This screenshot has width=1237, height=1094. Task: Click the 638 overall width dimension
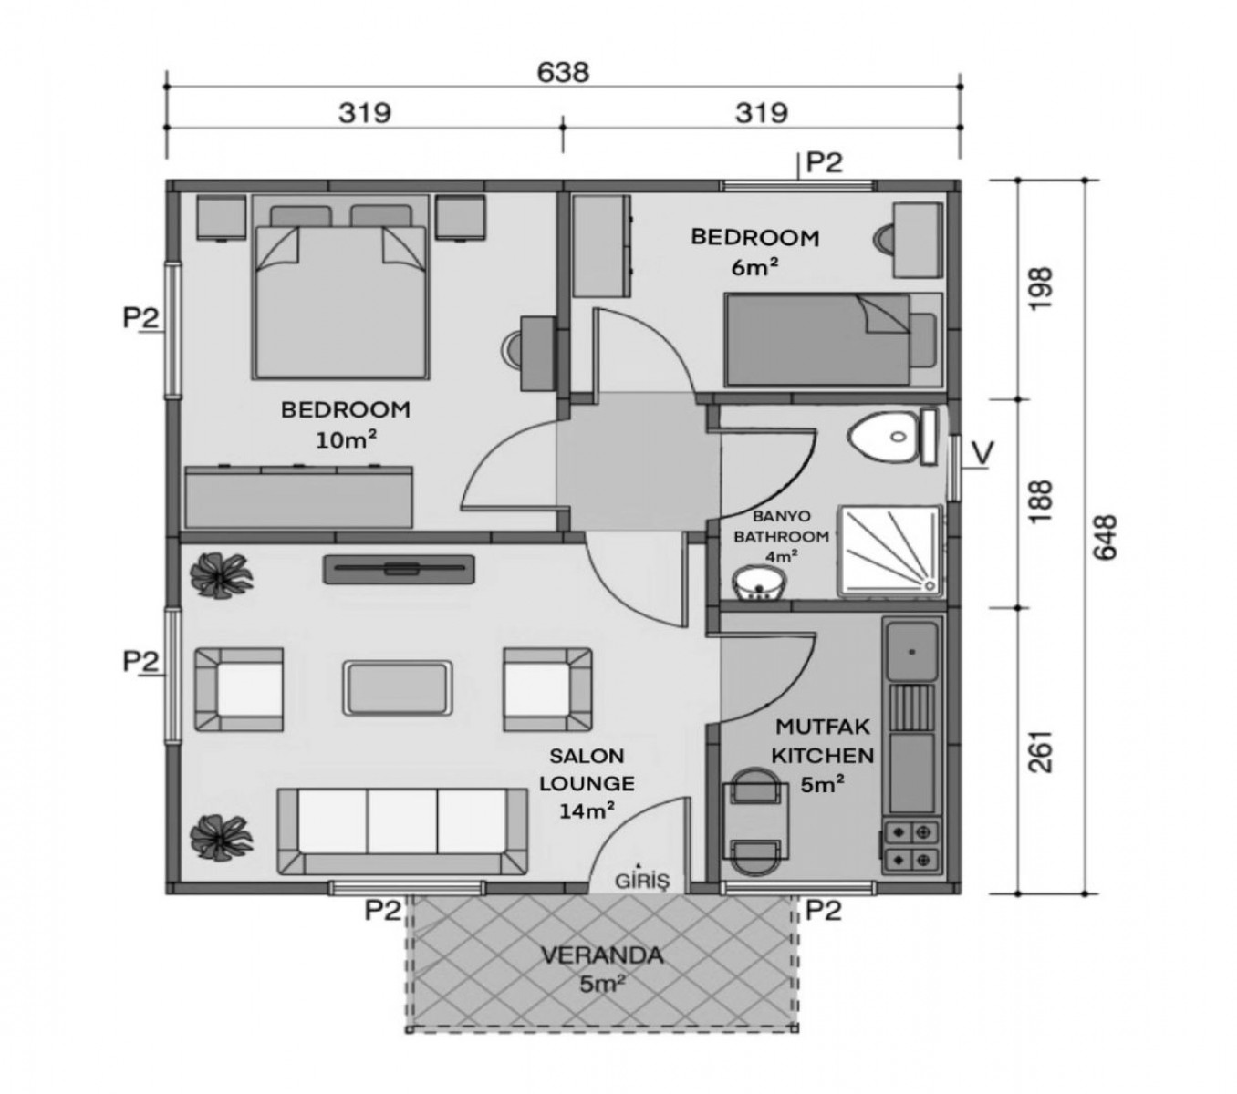[562, 73]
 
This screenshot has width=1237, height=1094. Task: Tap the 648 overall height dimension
[1105, 536]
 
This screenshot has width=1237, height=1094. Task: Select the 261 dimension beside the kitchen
[1040, 751]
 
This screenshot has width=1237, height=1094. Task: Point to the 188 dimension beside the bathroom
[1040, 501]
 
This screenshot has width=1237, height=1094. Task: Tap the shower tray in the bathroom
[891, 551]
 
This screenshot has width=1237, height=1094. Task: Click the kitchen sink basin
[911, 650]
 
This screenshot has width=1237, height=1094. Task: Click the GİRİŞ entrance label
[641, 881]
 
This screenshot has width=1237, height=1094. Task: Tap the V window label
[982, 452]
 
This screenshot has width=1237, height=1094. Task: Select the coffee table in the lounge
[397, 687]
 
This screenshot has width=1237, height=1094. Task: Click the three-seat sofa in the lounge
[401, 831]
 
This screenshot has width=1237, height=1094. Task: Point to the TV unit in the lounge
[399, 569]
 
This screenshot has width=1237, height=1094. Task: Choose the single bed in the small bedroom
[833, 339]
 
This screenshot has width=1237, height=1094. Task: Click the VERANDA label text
[602, 955]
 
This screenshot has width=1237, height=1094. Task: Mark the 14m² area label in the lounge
[587, 810]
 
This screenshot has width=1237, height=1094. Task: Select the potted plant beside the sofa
[221, 838]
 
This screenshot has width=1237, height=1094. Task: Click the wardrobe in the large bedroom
[298, 496]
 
